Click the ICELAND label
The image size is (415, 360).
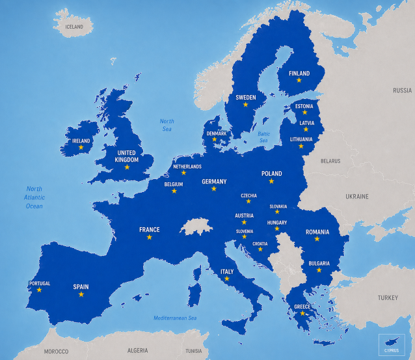pyautogui.click(x=74, y=27)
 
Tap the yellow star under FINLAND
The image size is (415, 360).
pyautogui.click(x=299, y=80)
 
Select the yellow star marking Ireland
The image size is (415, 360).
pyautogui.click(x=81, y=147)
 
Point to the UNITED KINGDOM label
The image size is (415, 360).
pyautogui.click(x=126, y=156)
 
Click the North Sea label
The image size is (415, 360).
pyautogui.click(x=167, y=125)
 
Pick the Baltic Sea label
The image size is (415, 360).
pyautogui.click(x=263, y=137)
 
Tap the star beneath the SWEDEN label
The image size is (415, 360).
pyautogui.click(x=245, y=104)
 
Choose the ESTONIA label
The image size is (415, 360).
pyautogui.click(x=304, y=106)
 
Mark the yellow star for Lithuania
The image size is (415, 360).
pyautogui.click(x=301, y=146)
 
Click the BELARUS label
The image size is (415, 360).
pyautogui.click(x=330, y=161)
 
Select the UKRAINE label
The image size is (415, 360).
pyautogui.click(x=356, y=196)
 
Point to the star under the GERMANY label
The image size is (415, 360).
pyautogui.click(x=213, y=188)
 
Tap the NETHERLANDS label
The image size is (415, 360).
pyautogui.click(x=187, y=167)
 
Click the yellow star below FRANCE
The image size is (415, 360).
pyautogui.click(x=149, y=237)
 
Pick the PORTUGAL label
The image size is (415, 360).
pyautogui.click(x=39, y=283)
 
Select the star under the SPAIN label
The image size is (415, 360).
pyautogui.click(x=81, y=294)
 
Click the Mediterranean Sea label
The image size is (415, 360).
pyautogui.click(x=175, y=318)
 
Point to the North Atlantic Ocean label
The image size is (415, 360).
pyautogui.click(x=34, y=197)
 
